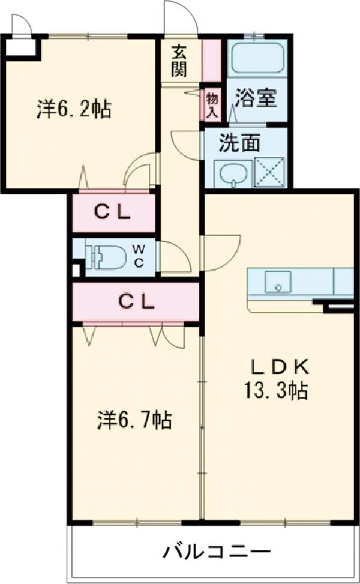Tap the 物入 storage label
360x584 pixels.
(211, 105)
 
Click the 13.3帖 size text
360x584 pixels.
(276, 391)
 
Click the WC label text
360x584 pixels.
(137, 257)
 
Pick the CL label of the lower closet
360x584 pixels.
(136, 301)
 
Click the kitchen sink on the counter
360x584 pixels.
(278, 281)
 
